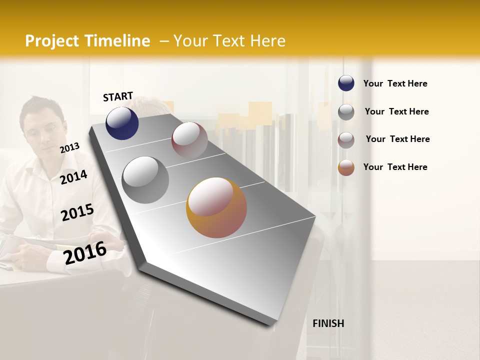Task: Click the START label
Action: [x=118, y=96]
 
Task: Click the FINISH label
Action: [x=328, y=323]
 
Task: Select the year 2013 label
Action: [x=70, y=147]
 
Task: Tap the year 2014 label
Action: [x=74, y=177]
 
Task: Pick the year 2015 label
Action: [x=77, y=212]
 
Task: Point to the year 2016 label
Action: [x=85, y=252]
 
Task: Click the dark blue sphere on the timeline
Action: [x=122, y=123]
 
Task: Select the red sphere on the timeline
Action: [x=189, y=140]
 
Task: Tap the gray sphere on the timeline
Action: [x=145, y=179]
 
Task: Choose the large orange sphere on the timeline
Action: [x=216, y=207]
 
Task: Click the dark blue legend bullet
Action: [x=346, y=83]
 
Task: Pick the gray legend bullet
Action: [x=346, y=111]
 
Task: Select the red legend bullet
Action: [x=346, y=139]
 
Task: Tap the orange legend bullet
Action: [x=346, y=167]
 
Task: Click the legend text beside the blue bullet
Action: [x=395, y=83]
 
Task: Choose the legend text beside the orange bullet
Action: [x=395, y=167]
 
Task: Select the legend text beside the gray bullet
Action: [x=396, y=111]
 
